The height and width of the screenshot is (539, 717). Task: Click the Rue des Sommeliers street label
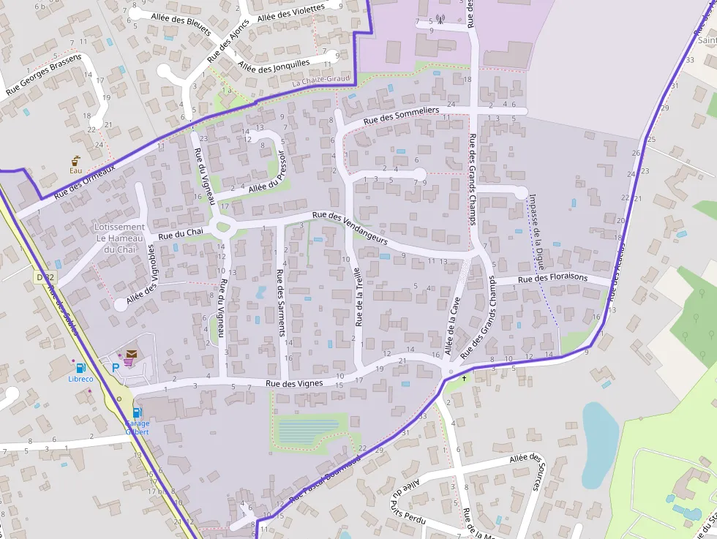click(x=401, y=114)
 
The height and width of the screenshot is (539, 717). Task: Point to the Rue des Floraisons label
click(x=552, y=279)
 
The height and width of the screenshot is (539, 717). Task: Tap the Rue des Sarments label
click(x=279, y=302)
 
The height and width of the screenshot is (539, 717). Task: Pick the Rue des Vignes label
click(x=293, y=382)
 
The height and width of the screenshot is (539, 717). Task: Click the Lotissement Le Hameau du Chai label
click(x=120, y=238)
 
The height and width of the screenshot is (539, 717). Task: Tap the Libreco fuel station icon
click(x=80, y=367)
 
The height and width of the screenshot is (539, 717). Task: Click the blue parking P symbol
click(x=115, y=369)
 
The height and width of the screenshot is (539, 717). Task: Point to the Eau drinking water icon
click(x=76, y=160)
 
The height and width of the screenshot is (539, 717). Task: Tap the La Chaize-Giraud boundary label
click(x=321, y=81)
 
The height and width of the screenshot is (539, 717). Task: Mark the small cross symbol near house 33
click(x=464, y=378)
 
